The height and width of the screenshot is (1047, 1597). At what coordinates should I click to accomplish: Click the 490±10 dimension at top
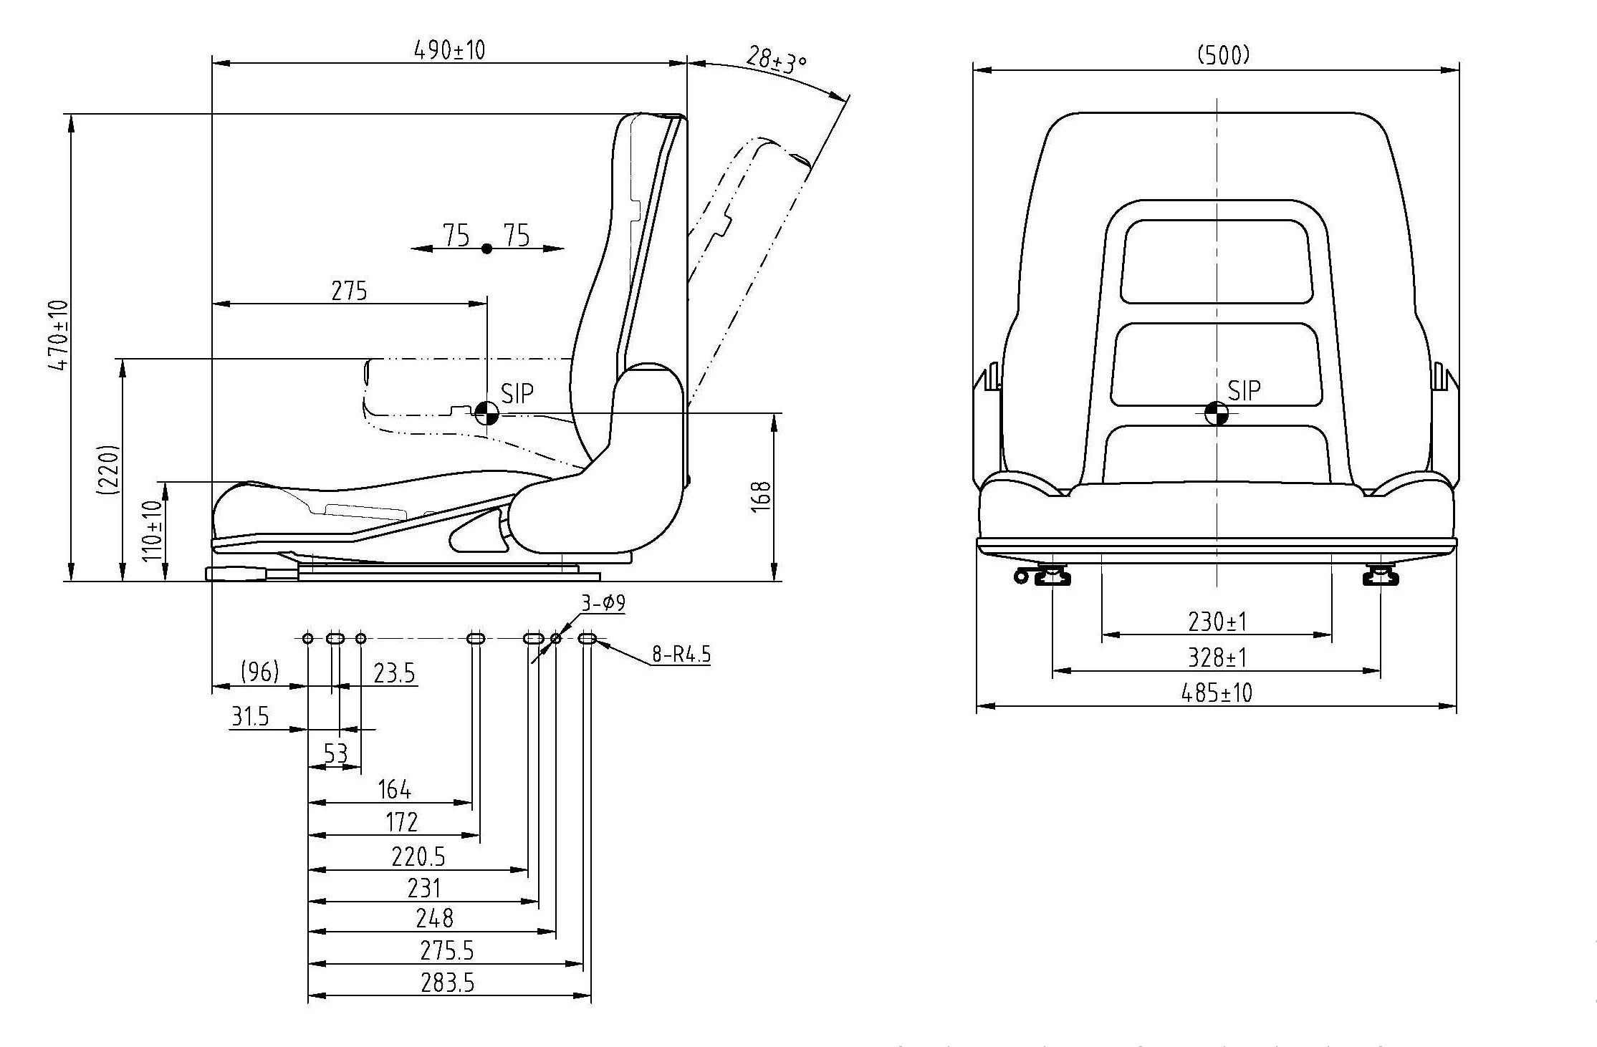(449, 50)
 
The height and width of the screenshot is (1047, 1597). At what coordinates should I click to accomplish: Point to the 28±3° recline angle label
(776, 62)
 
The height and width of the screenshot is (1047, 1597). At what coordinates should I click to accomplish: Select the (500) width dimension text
(1224, 55)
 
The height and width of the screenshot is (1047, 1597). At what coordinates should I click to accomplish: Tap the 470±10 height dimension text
(59, 335)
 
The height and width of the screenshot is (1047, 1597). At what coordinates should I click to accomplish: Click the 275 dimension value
(349, 291)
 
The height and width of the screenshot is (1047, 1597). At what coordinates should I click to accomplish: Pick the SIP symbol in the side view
(486, 412)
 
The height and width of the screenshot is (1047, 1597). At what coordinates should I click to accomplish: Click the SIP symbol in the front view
(1216, 413)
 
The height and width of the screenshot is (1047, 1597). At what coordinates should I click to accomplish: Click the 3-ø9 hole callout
(603, 604)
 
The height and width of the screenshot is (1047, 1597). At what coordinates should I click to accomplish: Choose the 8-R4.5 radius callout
(681, 655)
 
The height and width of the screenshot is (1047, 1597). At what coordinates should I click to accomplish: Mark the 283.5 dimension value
(448, 983)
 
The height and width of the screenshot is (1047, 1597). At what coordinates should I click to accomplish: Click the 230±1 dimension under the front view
(1217, 622)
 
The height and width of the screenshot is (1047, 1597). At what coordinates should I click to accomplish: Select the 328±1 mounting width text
(1217, 657)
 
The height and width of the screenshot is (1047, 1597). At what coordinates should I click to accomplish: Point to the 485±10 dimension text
(1217, 693)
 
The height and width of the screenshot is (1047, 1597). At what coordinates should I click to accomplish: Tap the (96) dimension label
(259, 672)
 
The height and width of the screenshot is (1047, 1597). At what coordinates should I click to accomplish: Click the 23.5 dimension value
(394, 674)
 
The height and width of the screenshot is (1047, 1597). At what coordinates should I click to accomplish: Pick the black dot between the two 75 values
(487, 249)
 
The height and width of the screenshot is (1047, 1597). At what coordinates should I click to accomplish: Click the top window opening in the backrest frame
(1217, 261)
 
